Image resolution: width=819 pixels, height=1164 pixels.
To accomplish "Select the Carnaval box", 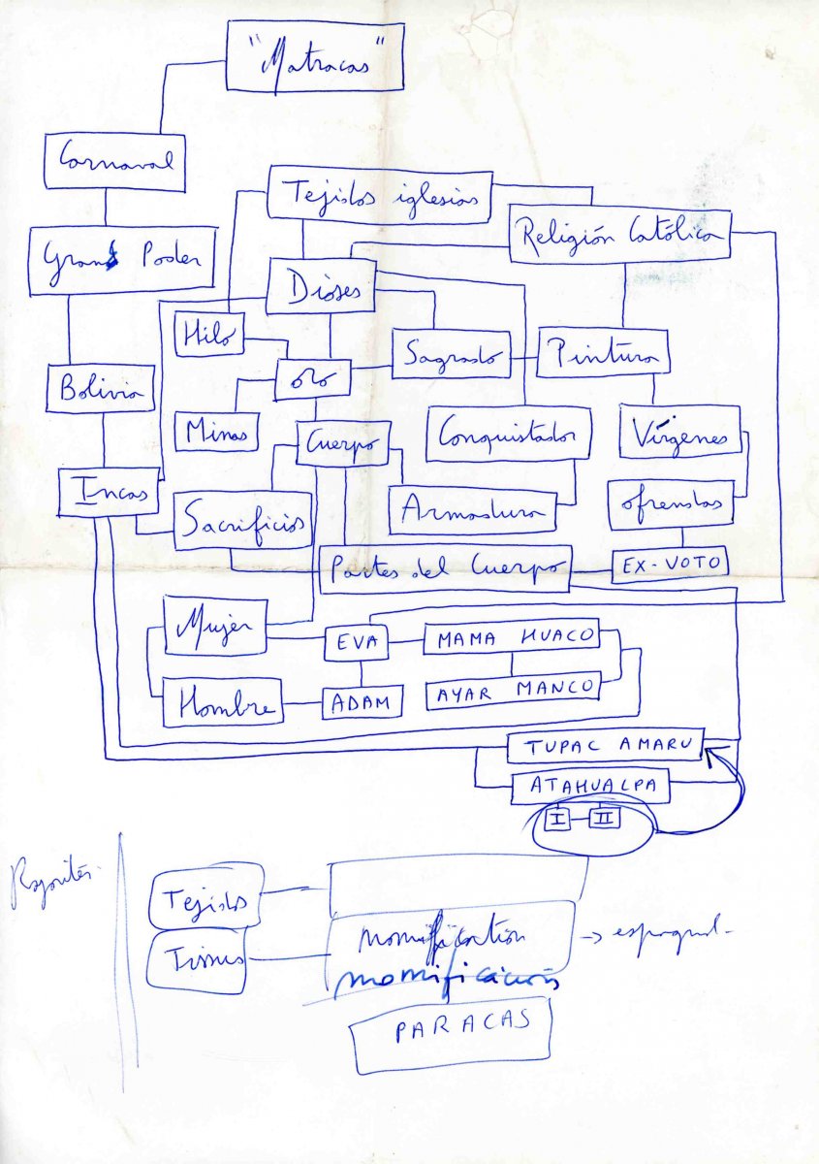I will click(113, 161).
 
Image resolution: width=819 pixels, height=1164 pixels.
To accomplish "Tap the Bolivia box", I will click(100, 389).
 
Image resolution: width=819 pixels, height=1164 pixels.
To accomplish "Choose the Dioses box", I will click(320, 285).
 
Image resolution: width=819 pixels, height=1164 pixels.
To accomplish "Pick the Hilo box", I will click(208, 334).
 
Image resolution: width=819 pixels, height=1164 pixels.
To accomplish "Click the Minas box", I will click(216, 431).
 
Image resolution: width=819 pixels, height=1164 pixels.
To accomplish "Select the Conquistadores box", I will click(509, 433).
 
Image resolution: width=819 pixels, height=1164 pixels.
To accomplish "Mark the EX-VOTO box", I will click(670, 565).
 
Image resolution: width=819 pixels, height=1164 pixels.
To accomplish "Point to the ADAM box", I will click(362, 700).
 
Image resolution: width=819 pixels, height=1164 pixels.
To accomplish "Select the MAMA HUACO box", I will click(511, 637).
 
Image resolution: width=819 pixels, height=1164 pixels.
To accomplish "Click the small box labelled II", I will click(604, 818).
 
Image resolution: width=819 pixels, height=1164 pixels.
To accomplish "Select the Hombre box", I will click(222, 702).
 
